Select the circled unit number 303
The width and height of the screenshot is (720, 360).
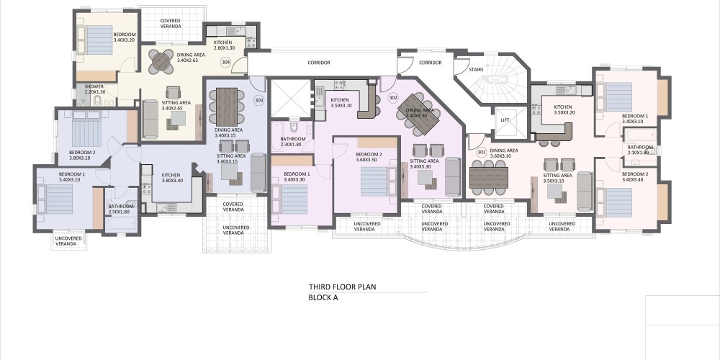[259, 101]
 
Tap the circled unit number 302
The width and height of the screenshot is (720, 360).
[393, 97]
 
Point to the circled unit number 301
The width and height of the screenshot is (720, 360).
[481, 152]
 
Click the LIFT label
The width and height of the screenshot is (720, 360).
[505, 120]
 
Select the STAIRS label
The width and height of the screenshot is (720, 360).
[476, 70]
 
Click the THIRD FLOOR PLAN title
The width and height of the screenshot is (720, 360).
[342, 287]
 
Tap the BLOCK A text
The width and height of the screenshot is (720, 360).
[323, 297]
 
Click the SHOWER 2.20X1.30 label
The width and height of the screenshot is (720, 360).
[94, 89]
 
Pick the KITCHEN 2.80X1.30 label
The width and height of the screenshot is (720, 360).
[224, 45]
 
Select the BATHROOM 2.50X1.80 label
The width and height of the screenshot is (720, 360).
[121, 209]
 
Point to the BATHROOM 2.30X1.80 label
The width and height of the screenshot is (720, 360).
[293, 142]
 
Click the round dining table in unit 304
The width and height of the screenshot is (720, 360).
[161, 61]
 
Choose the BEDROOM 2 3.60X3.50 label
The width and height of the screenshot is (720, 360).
[369, 157]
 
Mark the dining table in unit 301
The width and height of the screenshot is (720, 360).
[490, 178]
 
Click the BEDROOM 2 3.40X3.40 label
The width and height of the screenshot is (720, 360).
[635, 177]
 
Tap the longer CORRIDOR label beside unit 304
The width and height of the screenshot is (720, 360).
[319, 63]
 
